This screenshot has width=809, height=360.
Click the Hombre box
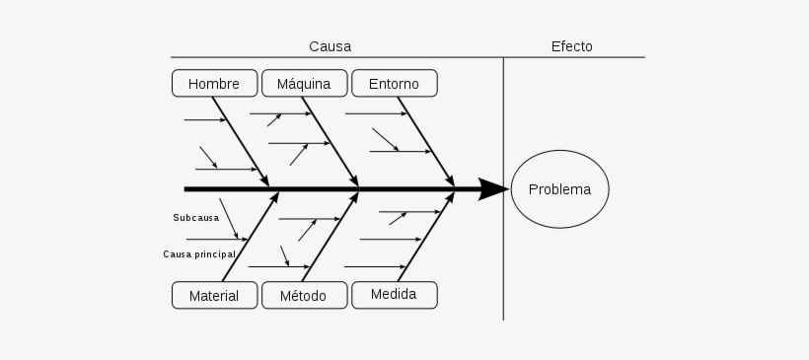click(214, 83)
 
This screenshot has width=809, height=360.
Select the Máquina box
click(304, 83)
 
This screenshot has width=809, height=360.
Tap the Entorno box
click(394, 83)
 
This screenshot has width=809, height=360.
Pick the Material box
click(214, 295)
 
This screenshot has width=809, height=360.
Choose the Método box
click(304, 295)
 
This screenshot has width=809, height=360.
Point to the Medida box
click(394, 294)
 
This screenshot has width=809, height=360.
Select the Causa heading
click(330, 46)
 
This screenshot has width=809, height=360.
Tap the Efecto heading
click(572, 46)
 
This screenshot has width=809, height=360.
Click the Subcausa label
click(195, 217)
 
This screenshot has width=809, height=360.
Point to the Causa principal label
click(199, 253)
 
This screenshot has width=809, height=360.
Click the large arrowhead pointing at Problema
click(492, 188)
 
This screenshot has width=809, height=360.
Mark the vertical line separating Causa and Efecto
click(503, 247)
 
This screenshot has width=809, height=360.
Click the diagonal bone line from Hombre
click(240, 138)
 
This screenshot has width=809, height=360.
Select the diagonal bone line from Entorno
click(424, 138)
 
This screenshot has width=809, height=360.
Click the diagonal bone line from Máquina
click(330, 138)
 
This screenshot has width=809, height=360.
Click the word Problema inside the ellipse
click(559, 190)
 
